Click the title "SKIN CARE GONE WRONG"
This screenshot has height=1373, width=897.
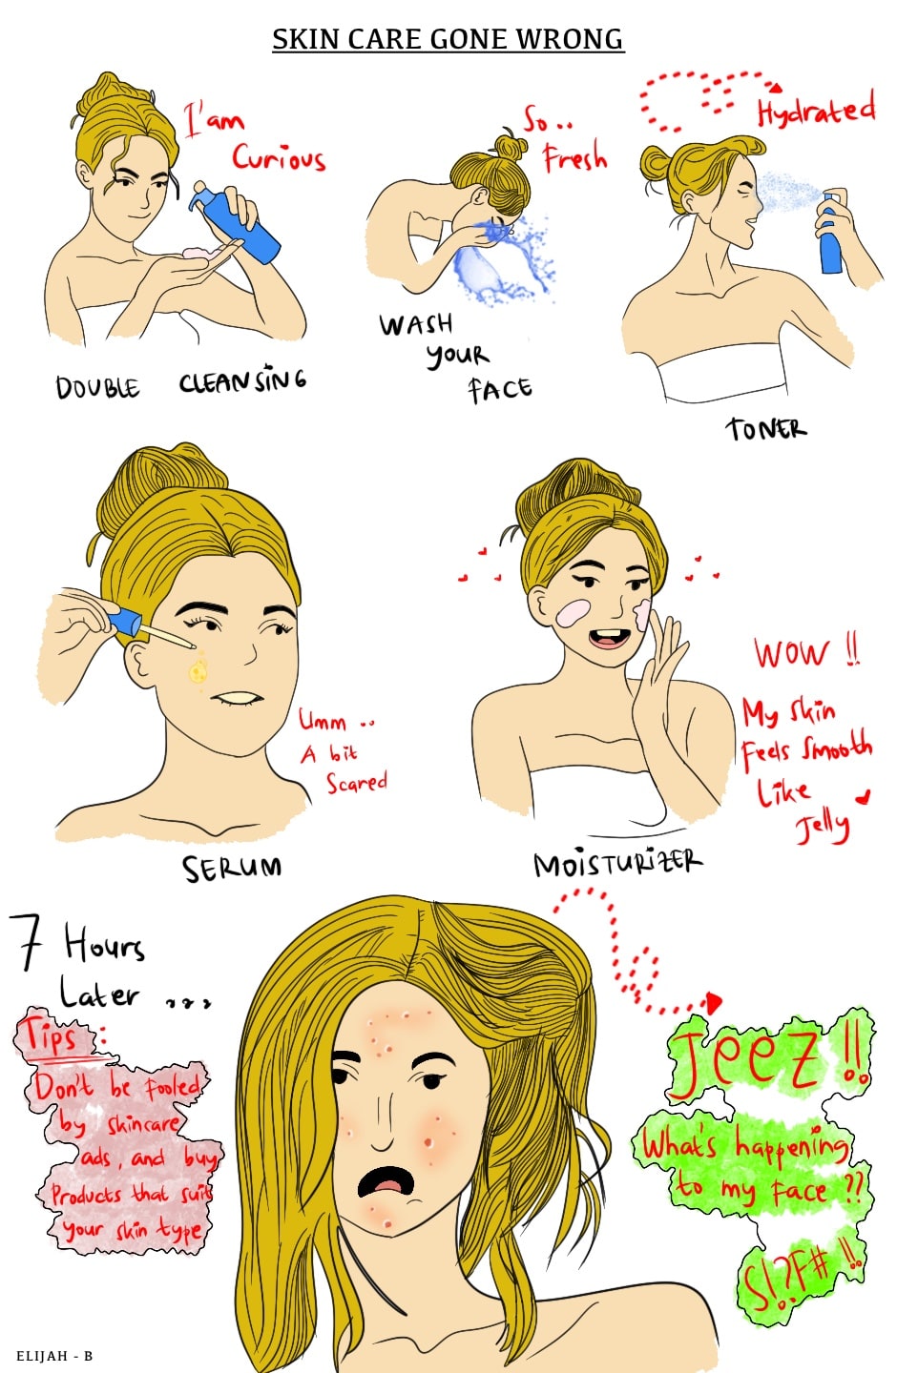pyautogui.click(x=448, y=39)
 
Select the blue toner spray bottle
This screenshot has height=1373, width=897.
pyautogui.click(x=830, y=233)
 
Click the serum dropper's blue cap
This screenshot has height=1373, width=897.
pyautogui.click(x=126, y=622)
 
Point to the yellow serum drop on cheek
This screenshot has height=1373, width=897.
pyautogui.click(x=198, y=672)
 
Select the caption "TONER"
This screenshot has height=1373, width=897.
pyautogui.click(x=766, y=428)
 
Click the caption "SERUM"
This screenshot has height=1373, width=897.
pyautogui.click(x=232, y=868)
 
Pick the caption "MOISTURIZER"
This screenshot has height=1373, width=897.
pyautogui.click(x=617, y=863)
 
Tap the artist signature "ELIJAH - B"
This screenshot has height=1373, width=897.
pyautogui.click(x=54, y=1356)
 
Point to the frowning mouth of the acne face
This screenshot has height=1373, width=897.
pyautogui.click(x=386, y=1180)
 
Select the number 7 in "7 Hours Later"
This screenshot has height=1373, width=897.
pyautogui.click(x=26, y=942)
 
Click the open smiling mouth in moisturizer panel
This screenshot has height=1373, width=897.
pyautogui.click(x=608, y=637)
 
